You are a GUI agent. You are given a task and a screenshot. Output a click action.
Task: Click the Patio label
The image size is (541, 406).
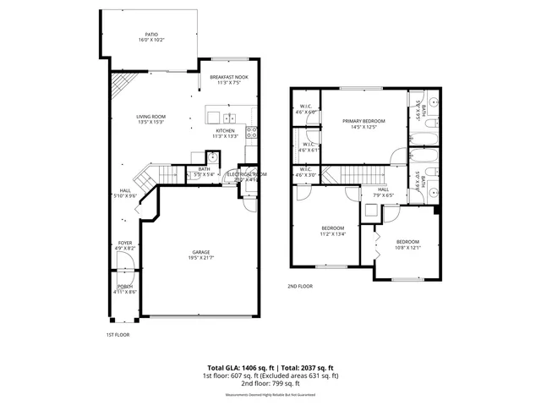(x=151, y=35)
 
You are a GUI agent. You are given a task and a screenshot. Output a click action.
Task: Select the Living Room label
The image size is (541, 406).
(x=151, y=117)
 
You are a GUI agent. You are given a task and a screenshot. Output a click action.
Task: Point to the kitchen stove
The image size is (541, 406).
(x=252, y=131)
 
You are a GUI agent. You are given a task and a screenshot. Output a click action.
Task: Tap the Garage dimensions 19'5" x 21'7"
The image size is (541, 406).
(x=201, y=258)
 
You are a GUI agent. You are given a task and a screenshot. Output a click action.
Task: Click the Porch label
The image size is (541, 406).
(x=124, y=287)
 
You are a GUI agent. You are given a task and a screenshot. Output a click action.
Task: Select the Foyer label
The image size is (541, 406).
(x=124, y=244)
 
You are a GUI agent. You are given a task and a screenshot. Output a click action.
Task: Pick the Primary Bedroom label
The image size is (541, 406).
(x=363, y=121)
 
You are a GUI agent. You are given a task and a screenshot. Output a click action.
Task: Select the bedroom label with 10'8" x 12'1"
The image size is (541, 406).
(x=407, y=243)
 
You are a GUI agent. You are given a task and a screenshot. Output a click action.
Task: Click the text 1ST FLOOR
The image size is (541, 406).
(x=117, y=335)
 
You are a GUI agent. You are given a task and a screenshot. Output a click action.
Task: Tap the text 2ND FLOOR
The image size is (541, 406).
(x=300, y=286)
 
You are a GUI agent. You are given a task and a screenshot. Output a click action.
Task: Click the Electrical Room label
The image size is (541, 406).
(x=246, y=174)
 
